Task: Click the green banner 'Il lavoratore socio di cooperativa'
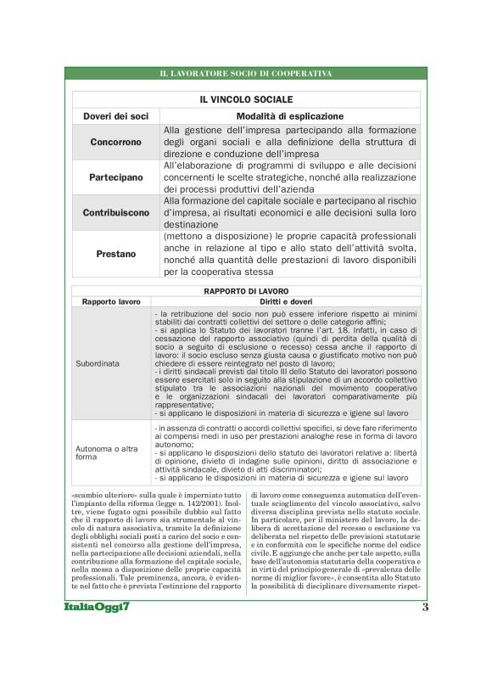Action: [246, 74]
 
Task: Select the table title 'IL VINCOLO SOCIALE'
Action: [246, 99]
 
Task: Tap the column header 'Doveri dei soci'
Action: [116, 115]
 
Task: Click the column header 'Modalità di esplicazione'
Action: [290, 115]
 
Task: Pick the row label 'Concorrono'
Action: [116, 142]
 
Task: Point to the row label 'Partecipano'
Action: [116, 177]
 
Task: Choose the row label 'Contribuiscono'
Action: [116, 212]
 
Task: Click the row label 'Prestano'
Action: [116, 254]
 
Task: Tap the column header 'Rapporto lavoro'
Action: [111, 301]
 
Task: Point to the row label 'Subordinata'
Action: [98, 362]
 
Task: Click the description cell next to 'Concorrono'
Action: [290, 142]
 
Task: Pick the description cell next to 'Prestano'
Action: [290, 254]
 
